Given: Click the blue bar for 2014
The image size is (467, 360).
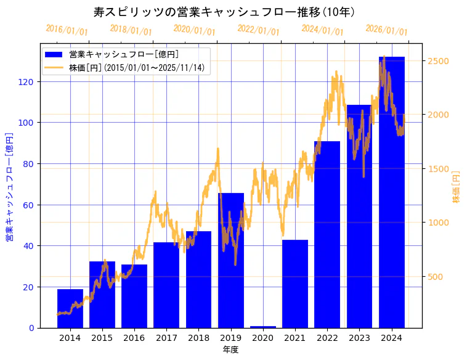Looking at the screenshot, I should tap(70, 308).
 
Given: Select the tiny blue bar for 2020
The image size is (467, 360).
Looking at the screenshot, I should tap(263, 327).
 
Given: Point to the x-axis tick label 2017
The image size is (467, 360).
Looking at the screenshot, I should tap(166, 338).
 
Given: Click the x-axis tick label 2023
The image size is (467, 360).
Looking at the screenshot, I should tap(359, 338).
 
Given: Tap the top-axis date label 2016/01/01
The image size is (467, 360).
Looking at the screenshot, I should tap(67, 30).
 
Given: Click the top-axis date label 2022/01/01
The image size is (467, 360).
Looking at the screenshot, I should tap(259, 30).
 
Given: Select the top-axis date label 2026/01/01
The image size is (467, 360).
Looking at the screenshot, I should tap(386, 30).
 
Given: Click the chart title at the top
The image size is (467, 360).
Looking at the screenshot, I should tap(224, 12).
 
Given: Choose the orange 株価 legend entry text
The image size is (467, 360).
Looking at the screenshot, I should tap(137, 68).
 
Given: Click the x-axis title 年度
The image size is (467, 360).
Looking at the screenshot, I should tap(230, 350).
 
